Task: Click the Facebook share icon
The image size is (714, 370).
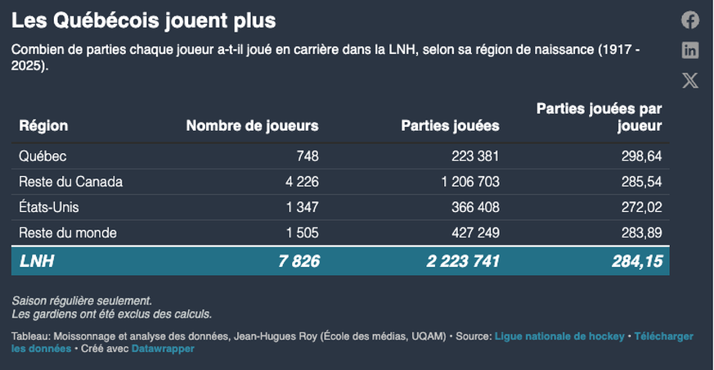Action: click(x=690, y=20)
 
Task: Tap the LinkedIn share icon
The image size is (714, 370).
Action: click(x=690, y=51)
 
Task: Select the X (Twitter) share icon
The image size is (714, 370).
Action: click(x=690, y=80)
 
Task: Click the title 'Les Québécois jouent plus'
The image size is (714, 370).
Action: click(x=143, y=20)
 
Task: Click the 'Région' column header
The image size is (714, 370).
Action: click(x=43, y=126)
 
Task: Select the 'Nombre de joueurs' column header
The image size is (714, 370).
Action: click(x=252, y=126)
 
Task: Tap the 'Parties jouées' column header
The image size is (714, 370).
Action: click(x=450, y=126)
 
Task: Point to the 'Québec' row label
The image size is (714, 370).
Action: click(x=43, y=156)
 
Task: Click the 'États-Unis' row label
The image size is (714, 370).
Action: click(x=49, y=208)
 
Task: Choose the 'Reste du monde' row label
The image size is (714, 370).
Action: click(x=68, y=233)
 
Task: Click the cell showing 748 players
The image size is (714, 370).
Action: click(x=308, y=156)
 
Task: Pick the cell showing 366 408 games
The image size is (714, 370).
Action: click(x=475, y=208)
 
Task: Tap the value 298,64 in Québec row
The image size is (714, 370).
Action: click(x=641, y=156)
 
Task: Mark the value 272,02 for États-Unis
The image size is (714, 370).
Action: click(x=641, y=208)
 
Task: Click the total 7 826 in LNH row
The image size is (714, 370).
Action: click(x=299, y=261)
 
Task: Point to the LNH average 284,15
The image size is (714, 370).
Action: click(x=636, y=261)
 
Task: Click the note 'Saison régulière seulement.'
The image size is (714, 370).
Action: click(x=82, y=301)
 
